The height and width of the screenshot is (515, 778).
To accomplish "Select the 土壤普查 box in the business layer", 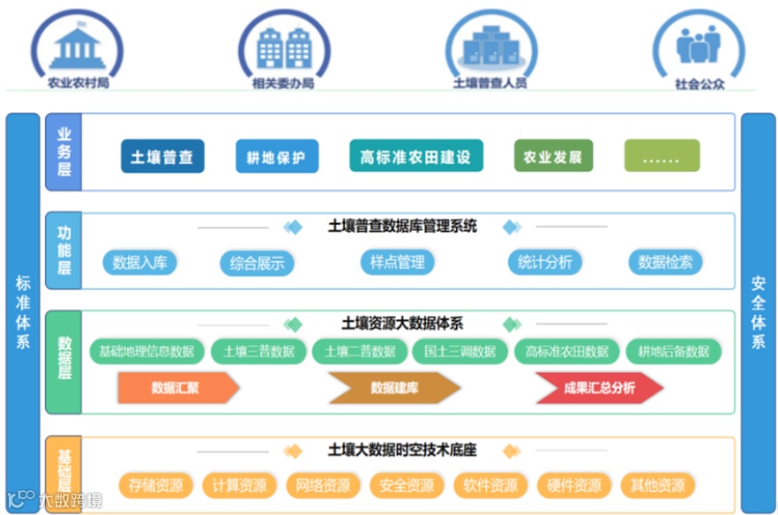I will pos(162,157).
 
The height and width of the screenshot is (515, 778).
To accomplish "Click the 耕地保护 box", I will pos(276,158).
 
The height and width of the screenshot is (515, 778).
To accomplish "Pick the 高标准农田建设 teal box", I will pos(415,157).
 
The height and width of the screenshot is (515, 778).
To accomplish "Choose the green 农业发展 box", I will pos(553,157).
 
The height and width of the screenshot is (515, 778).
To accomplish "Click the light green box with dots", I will pos(662,157).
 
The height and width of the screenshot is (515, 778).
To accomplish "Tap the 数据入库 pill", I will pos(139,262).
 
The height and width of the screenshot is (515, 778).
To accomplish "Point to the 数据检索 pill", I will pos(665,262).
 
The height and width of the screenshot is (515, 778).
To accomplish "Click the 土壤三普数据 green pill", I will pos(258,351).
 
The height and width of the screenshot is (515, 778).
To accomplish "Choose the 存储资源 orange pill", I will pos(155,485).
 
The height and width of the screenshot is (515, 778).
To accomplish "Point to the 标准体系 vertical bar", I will pos(23,313).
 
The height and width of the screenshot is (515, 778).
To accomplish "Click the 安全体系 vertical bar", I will pos(758,313).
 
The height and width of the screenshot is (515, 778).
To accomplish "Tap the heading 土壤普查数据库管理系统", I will pos(402,227).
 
